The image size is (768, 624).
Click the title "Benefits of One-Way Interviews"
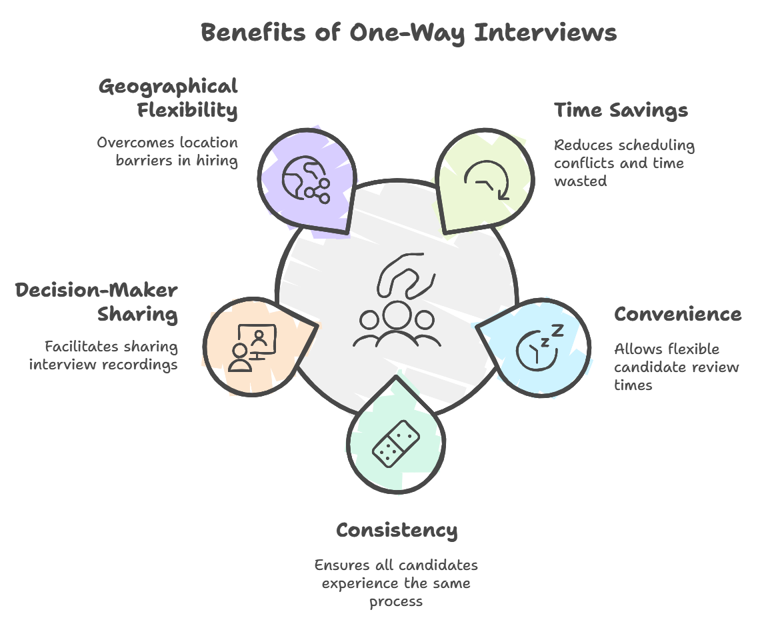(x=409, y=33)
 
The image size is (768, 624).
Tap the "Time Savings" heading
(x=621, y=110)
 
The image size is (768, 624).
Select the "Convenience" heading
(x=677, y=314)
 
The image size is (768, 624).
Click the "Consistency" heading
(x=397, y=530)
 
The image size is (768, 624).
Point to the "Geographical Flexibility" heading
(x=168, y=97)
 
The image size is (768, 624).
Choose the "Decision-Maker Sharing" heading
(x=97, y=301)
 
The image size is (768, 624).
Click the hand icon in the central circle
(x=405, y=275)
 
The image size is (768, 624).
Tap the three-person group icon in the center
(x=397, y=325)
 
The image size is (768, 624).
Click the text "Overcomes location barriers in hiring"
(x=167, y=151)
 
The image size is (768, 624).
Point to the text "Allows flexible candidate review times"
(x=676, y=367)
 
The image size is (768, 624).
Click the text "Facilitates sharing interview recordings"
(x=103, y=355)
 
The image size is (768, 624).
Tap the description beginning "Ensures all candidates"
(x=397, y=583)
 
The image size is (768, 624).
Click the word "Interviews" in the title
(x=545, y=33)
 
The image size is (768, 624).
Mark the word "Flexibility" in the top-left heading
(x=187, y=110)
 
